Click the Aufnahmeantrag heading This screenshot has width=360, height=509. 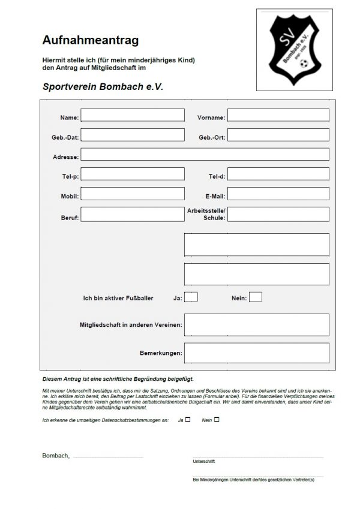(x=91, y=41)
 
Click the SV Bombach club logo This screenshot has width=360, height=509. (x=294, y=49)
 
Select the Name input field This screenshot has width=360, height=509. (x=133, y=115)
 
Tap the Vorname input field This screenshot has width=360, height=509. (x=278, y=115)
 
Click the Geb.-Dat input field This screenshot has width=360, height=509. (x=133, y=135)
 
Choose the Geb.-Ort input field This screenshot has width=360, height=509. (x=278, y=135)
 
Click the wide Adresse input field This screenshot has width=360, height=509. (x=205, y=155)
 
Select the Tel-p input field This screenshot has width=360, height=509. (x=133, y=174)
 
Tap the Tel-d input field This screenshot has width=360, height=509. (x=278, y=174)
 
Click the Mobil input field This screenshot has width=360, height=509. (x=133, y=194)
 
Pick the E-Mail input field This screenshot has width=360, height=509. (x=278, y=194)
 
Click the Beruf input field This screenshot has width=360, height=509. (x=133, y=214)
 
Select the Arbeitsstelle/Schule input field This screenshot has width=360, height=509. (x=278, y=214)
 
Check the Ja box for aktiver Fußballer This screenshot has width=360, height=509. (x=191, y=297)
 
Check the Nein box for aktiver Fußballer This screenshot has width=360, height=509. (x=256, y=297)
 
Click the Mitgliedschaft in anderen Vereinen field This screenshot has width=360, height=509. (x=256, y=324)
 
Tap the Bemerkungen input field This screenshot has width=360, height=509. (x=256, y=353)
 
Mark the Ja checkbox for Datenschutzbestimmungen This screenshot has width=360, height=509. (x=188, y=420)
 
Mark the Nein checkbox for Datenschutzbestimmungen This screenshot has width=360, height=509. (x=217, y=420)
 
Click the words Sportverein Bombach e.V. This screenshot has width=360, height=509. (x=103, y=86)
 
